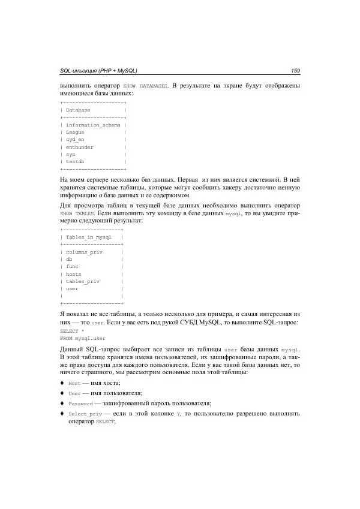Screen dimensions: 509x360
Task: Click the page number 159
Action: (295, 71)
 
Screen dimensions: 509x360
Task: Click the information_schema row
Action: (93, 125)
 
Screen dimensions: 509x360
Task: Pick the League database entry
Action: (75, 132)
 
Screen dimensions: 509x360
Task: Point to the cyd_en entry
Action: (75, 139)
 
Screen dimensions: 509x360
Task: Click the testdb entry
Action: (76, 161)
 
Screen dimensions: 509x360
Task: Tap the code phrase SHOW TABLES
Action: (78, 213)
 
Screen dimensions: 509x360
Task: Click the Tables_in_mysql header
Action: (89, 237)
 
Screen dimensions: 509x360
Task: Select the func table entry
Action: (72, 267)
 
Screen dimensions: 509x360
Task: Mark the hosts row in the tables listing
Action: (73, 274)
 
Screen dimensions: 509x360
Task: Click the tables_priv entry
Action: (82, 281)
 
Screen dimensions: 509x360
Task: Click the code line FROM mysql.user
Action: (81, 338)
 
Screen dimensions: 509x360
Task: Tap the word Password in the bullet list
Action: (81, 403)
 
